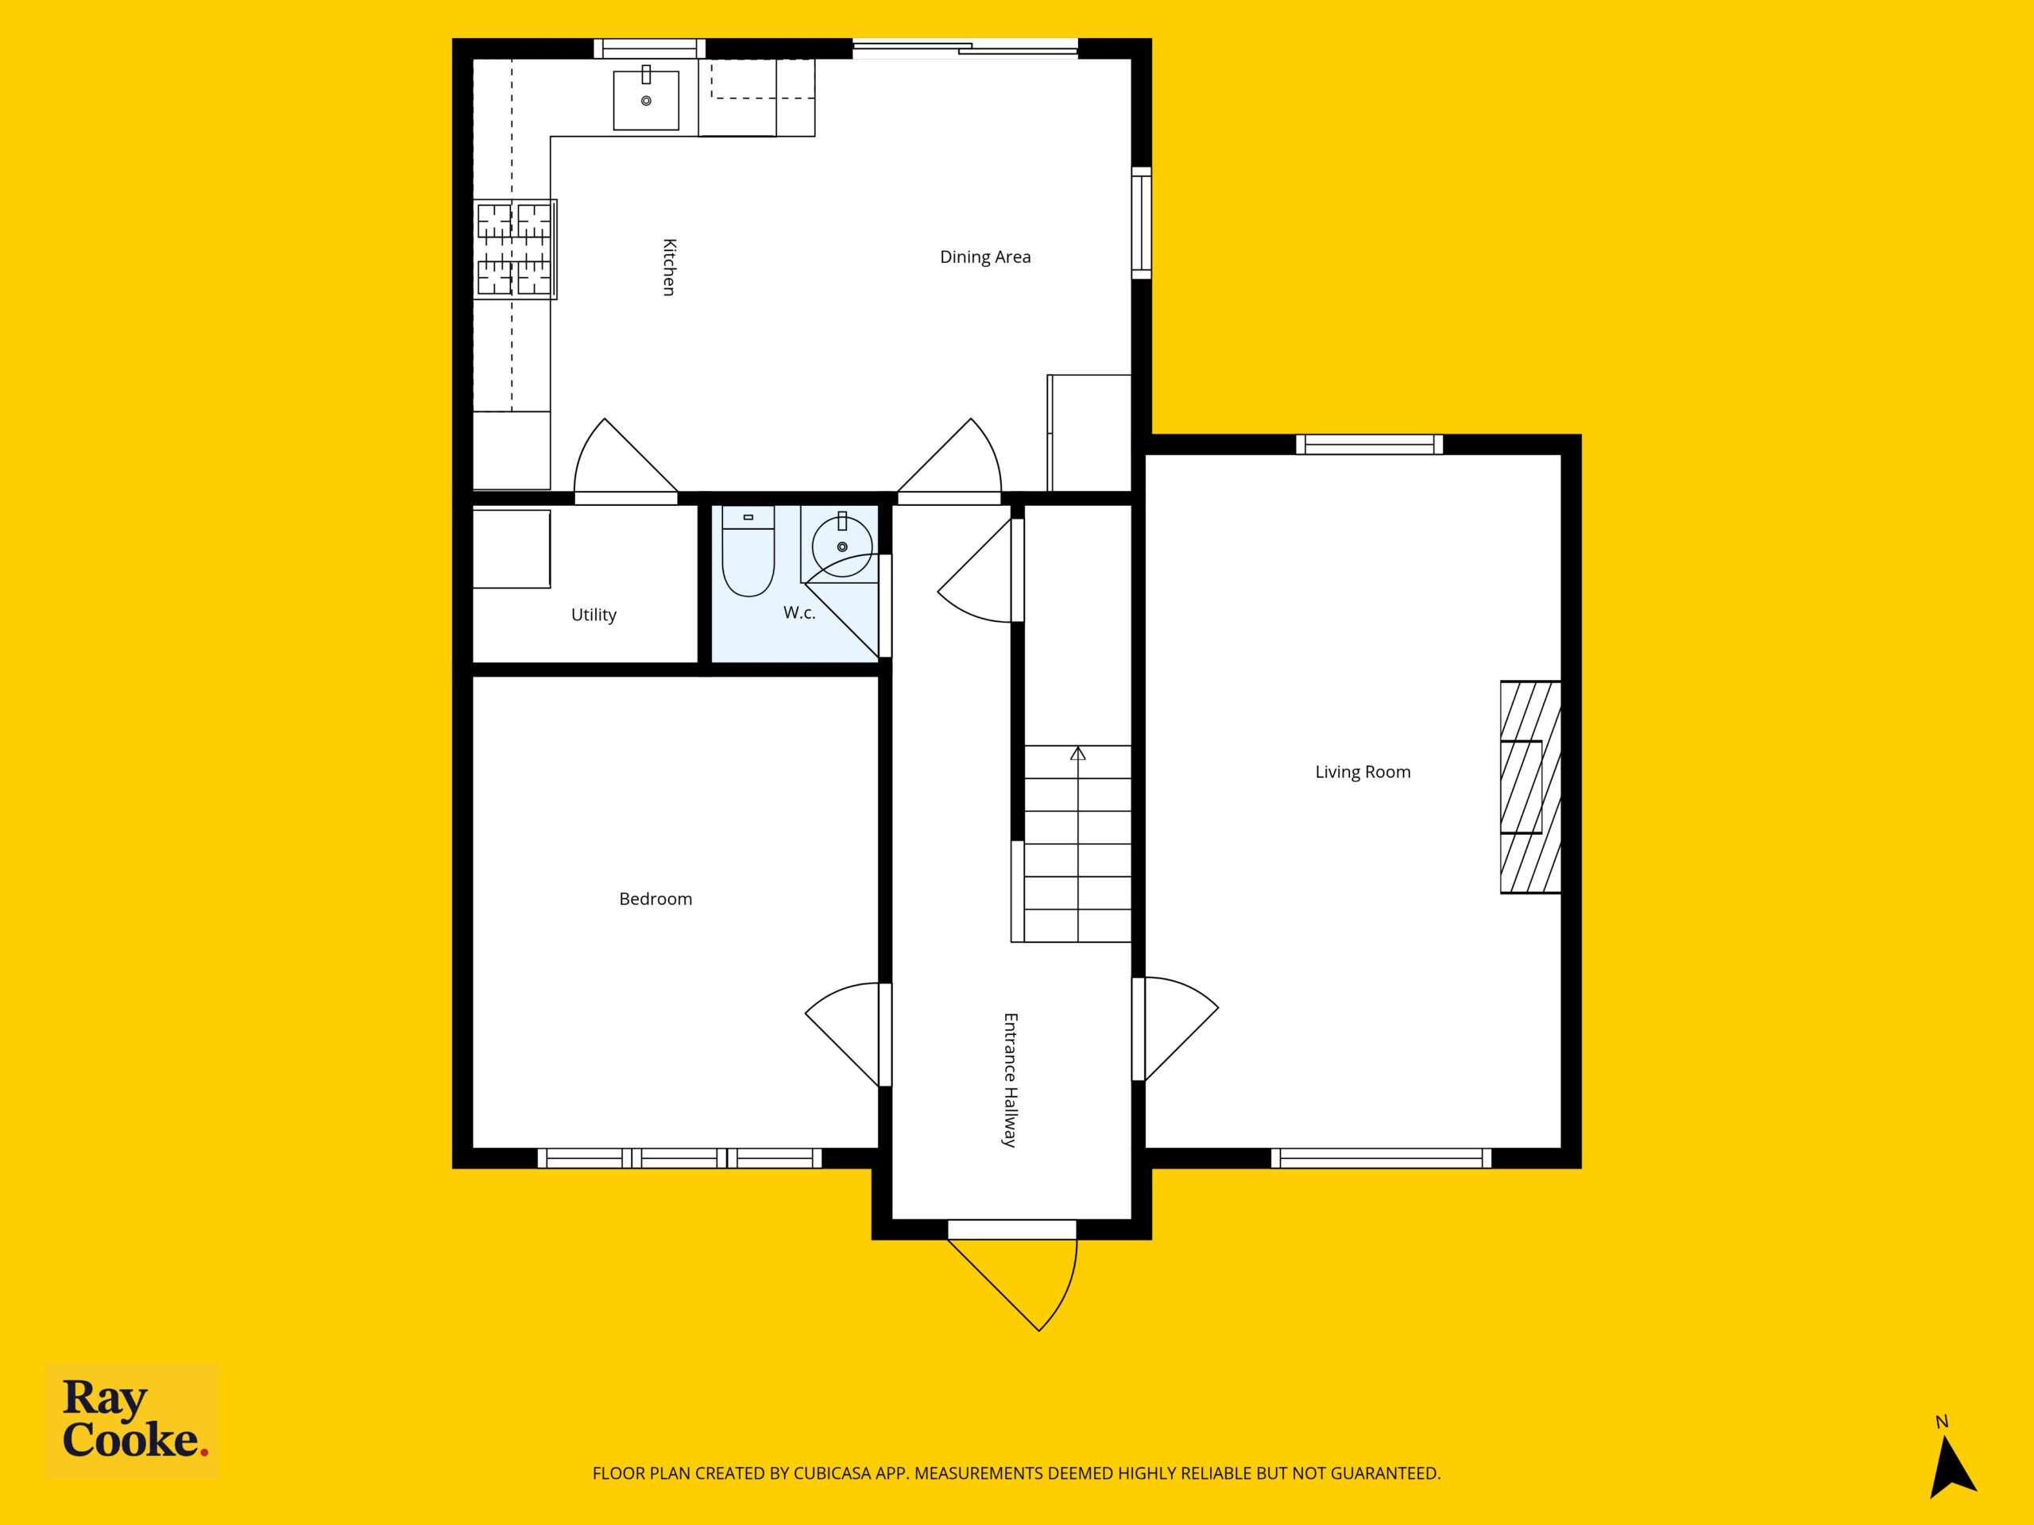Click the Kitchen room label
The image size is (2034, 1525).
[x=670, y=268]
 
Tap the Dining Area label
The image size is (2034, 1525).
[x=984, y=257]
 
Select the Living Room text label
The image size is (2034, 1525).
[x=1363, y=772]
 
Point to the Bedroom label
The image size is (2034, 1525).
[x=655, y=899]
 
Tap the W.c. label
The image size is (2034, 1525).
[x=799, y=612]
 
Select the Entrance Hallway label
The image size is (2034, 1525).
[x=1010, y=1080]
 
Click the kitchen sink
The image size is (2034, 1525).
[x=647, y=99]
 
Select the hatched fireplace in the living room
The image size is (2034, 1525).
[x=1530, y=787]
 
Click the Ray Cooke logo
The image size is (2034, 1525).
[x=133, y=1420]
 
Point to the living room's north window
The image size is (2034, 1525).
[x=1369, y=445]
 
